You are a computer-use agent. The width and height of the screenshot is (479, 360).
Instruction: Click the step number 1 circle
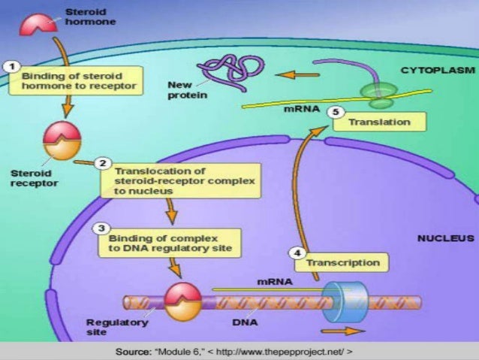[x=12, y=67]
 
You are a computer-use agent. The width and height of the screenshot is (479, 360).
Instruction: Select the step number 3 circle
[x=99, y=227]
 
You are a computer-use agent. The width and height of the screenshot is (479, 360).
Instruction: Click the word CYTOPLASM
[x=436, y=70]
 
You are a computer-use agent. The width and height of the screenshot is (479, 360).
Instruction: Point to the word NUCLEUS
[x=444, y=238]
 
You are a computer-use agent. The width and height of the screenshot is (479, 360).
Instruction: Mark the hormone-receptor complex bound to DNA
[x=182, y=301]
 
